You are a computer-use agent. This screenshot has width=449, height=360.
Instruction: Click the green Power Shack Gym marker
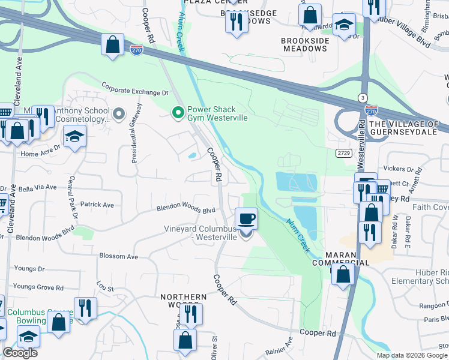click(178, 112)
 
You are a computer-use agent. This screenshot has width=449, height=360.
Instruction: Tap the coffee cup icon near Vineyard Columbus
click(246, 218)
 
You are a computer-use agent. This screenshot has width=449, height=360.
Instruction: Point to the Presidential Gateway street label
click(136, 133)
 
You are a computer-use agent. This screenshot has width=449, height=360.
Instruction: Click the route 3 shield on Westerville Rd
click(362, 97)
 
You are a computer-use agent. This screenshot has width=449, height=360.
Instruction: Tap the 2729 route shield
click(343, 154)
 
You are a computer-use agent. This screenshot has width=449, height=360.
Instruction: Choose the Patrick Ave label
click(97, 205)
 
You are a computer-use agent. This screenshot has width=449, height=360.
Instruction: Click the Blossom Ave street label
click(118, 256)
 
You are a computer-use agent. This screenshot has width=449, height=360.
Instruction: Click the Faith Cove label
click(431, 207)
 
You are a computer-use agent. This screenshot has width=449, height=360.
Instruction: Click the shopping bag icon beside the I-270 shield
click(112, 44)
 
